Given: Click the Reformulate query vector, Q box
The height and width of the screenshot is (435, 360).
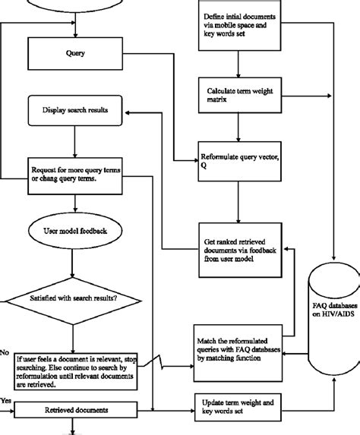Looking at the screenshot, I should click(x=238, y=160).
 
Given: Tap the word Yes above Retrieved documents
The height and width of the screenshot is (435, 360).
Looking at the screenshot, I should click(x=7, y=399).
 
